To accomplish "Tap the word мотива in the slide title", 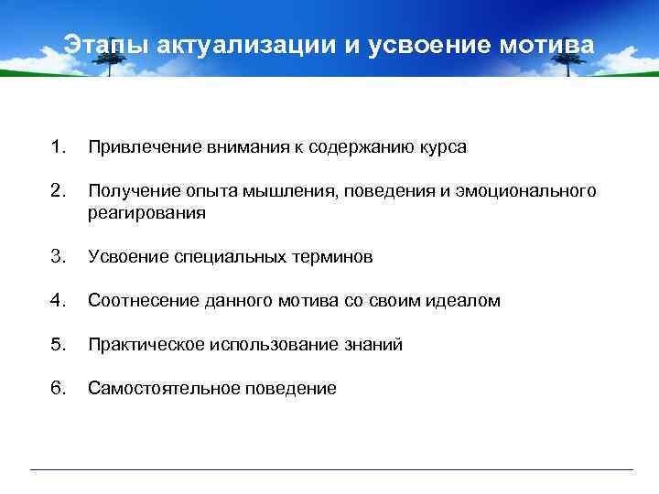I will (548, 45).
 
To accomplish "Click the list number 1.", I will (59, 147).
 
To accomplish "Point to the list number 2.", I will (59, 190).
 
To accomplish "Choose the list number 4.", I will (59, 300).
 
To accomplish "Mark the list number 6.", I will (59, 388).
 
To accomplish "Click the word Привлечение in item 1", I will (135, 148).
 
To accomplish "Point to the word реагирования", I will (146, 213).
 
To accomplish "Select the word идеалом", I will (465, 301).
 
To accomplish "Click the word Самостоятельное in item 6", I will (156, 389).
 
